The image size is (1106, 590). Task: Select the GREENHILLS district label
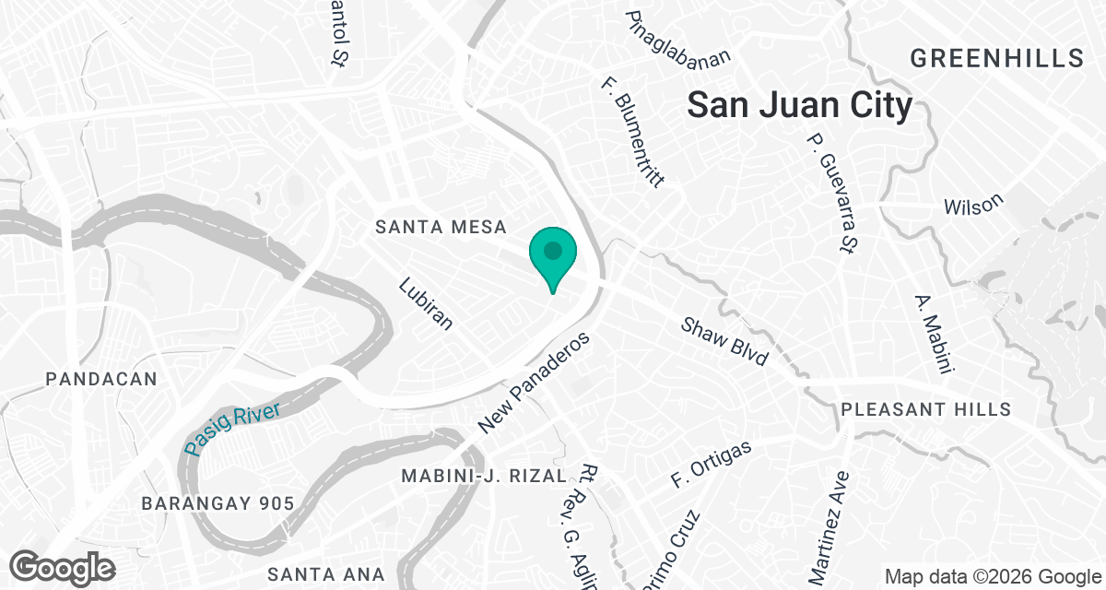pyautogui.click(x=996, y=59)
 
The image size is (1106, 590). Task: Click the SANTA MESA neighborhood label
pyautogui.click(x=441, y=227)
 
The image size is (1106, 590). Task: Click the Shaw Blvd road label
pyautogui.click(x=724, y=342)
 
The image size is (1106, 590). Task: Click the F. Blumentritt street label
pyautogui.click(x=632, y=129)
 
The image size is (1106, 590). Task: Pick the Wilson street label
pyautogui.click(x=973, y=204)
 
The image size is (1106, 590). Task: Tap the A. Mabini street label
pyautogui.click(x=933, y=335)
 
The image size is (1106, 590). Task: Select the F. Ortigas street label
pyautogui.click(x=712, y=464)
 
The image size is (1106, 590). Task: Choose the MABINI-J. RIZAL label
pyautogui.click(x=484, y=476)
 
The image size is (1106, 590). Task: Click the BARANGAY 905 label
pyautogui.click(x=218, y=503)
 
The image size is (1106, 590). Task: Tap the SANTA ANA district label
pyautogui.click(x=324, y=574)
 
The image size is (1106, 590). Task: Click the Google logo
pyautogui.click(x=63, y=567)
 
